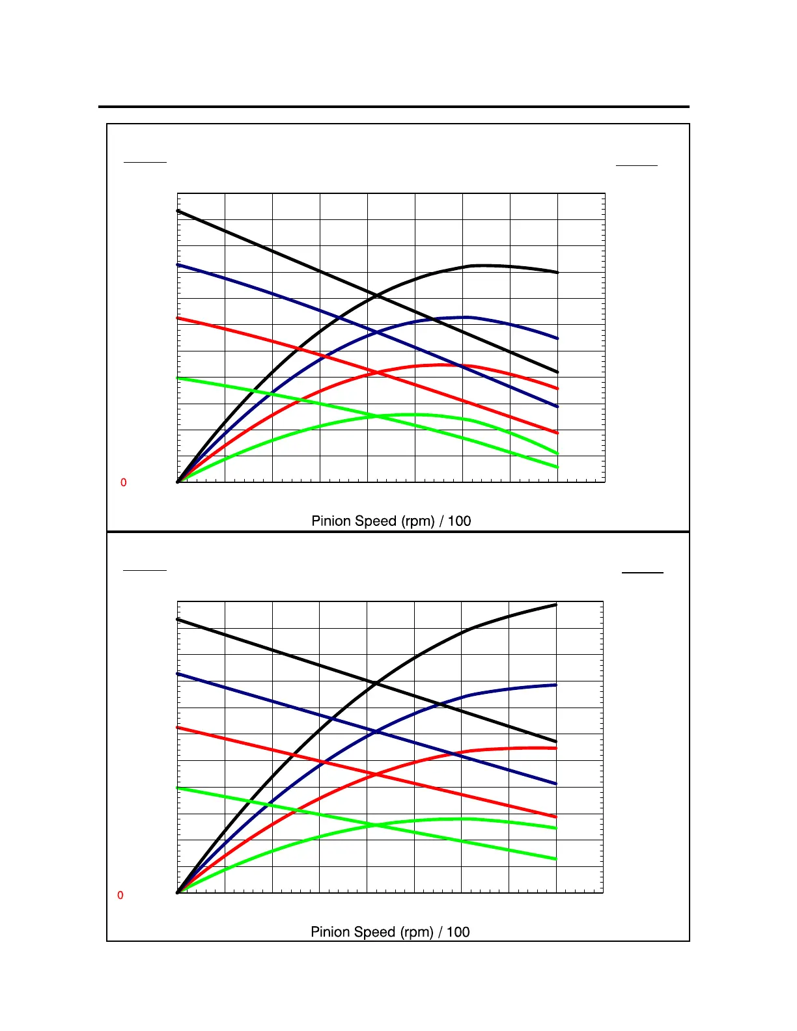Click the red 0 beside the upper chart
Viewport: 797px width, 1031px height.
pyautogui.click(x=124, y=483)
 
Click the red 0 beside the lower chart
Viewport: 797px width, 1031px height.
pyautogui.click(x=120, y=896)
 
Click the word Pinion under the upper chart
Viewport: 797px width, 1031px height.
pyautogui.click(x=332, y=521)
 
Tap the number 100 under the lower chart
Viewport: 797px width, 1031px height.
pyautogui.click(x=458, y=932)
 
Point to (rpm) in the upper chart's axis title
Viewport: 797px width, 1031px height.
pyautogui.click(x=418, y=521)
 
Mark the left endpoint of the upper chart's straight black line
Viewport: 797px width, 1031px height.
pyautogui.click(x=178, y=211)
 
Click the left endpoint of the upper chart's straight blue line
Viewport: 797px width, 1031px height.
pyautogui.click(x=178, y=265)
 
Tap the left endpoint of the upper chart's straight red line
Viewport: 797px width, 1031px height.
pyautogui.click(x=178, y=318)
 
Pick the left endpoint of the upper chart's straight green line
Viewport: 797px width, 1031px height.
pyautogui.click(x=178, y=378)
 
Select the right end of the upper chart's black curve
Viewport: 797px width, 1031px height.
pyautogui.click(x=557, y=273)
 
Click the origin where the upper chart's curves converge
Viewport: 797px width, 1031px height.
pyautogui.click(x=178, y=482)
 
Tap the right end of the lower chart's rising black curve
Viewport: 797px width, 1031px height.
pyautogui.click(x=556, y=605)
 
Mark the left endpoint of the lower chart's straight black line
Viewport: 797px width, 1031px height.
pyautogui.click(x=178, y=620)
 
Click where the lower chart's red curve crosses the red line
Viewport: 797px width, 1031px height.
pyautogui.click(x=376, y=775)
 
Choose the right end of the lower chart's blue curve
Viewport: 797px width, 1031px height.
pyautogui.click(x=556, y=685)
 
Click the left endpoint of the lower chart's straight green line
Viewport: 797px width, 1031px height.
pyautogui.click(x=178, y=788)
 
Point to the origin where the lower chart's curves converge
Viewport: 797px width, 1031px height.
pyautogui.click(x=178, y=892)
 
